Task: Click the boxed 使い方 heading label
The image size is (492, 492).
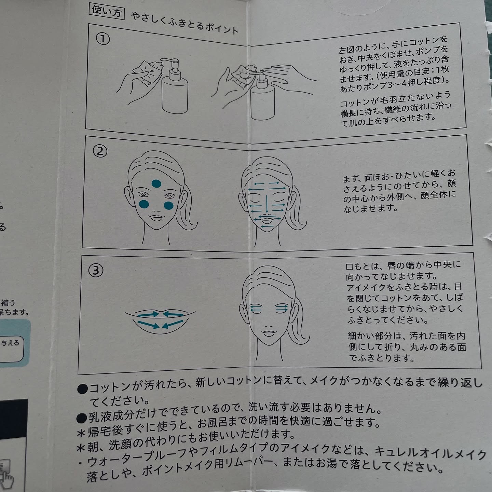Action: pyautogui.click(x=107, y=11)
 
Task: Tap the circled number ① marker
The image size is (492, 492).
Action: pyautogui.click(x=102, y=39)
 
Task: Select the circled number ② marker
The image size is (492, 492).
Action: pyautogui.click(x=99, y=151)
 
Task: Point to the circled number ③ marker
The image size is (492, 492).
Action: pyautogui.click(x=96, y=270)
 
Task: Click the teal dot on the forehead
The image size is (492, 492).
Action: pyautogui.click(x=156, y=183)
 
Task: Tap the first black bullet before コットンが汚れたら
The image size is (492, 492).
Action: pyautogui.click(x=82, y=389)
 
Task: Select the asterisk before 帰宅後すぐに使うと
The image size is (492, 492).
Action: pyautogui.click(x=81, y=433)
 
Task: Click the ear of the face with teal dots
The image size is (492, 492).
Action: pyautogui.click(x=129, y=197)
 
